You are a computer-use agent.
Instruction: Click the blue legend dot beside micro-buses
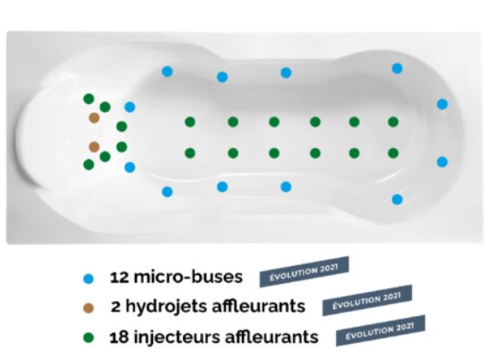[x=89, y=278]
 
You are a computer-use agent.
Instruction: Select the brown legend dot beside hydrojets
[x=89, y=308]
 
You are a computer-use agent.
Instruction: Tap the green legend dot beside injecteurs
[x=89, y=338]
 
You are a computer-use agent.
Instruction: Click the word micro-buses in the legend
[x=188, y=277]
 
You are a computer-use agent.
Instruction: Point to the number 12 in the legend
[x=119, y=277]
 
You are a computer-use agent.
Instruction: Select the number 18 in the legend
[x=119, y=337]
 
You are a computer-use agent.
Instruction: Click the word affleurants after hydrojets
[x=258, y=306]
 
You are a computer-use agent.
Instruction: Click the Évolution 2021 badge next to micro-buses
[x=304, y=272]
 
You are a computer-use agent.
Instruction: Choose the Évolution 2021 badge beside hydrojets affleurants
[x=367, y=300]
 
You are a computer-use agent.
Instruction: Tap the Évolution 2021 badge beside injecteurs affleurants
[x=380, y=331]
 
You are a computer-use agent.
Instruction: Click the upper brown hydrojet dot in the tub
[x=94, y=118]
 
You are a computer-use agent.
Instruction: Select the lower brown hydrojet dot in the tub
[x=94, y=146]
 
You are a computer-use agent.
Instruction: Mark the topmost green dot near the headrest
[x=89, y=99]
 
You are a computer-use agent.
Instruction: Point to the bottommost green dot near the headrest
[x=89, y=164]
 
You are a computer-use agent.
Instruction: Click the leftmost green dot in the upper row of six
[x=190, y=121]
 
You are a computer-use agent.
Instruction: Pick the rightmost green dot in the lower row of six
[x=393, y=153]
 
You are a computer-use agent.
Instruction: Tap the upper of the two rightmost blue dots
[x=442, y=103]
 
